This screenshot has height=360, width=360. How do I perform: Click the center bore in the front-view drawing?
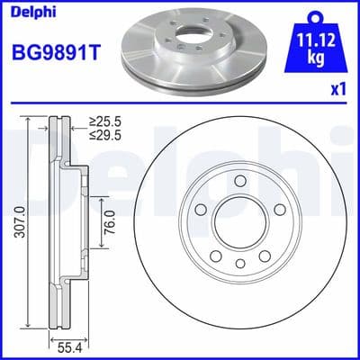tap(240, 219)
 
